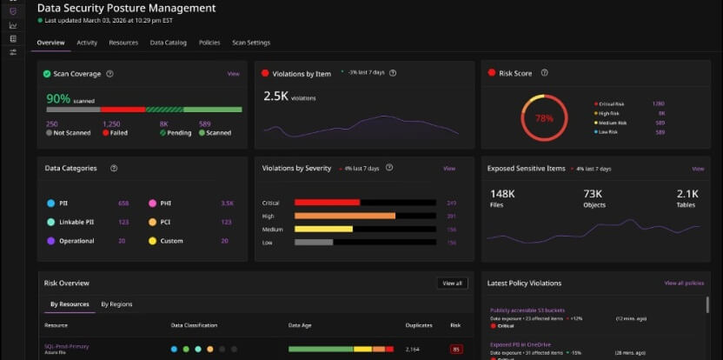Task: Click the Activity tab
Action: pos(86,43)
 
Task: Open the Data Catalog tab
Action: pos(168,43)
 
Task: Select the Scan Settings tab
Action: pos(250,43)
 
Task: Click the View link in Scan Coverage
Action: pos(233,74)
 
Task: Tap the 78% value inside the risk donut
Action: pos(544,117)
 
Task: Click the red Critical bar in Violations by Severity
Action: pos(327,203)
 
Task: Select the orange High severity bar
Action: pos(345,216)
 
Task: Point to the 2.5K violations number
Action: pos(275,97)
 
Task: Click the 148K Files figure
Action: pos(502,193)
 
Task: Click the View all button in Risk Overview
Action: pos(452,283)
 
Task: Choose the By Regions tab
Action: pos(116,304)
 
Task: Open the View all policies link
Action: pos(683,283)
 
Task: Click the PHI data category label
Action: pos(165,203)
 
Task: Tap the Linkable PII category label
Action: pos(76,222)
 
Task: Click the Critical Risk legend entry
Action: pos(612,103)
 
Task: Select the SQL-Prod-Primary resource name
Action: pos(67,346)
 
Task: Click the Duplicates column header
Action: pos(418,325)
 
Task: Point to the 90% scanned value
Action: pos(58,99)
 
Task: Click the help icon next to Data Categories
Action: pos(114,169)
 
